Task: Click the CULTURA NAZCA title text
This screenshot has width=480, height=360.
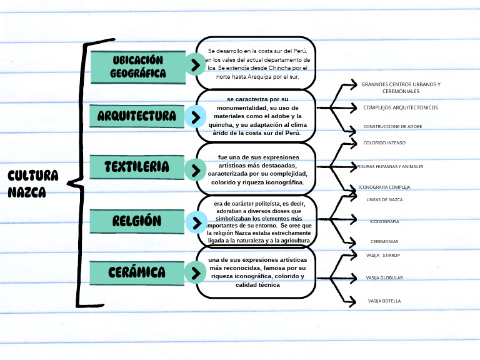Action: [33, 183]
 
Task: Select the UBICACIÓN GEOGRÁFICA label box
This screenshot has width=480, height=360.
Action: [138, 66]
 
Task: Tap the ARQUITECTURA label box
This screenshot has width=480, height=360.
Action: [137, 116]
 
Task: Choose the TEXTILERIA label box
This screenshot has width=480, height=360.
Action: [137, 167]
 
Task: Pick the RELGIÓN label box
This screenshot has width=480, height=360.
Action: [137, 221]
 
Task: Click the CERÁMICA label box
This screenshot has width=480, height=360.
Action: [137, 272]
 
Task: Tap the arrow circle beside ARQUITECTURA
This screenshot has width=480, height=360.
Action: [196, 117]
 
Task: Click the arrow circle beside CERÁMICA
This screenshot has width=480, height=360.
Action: [196, 273]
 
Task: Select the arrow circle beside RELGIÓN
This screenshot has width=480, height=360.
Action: [196, 222]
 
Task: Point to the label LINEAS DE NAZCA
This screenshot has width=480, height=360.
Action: [384, 199]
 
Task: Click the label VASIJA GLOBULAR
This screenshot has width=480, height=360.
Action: [384, 277]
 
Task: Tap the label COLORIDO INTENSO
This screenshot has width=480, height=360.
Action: [384, 142]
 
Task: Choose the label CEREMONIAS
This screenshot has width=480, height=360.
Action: [384, 241]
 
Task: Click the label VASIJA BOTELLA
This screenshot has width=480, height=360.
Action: [384, 301]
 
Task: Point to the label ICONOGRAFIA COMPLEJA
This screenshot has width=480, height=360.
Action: [384, 187]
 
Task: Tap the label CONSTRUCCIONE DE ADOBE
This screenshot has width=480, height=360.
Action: [392, 126]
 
